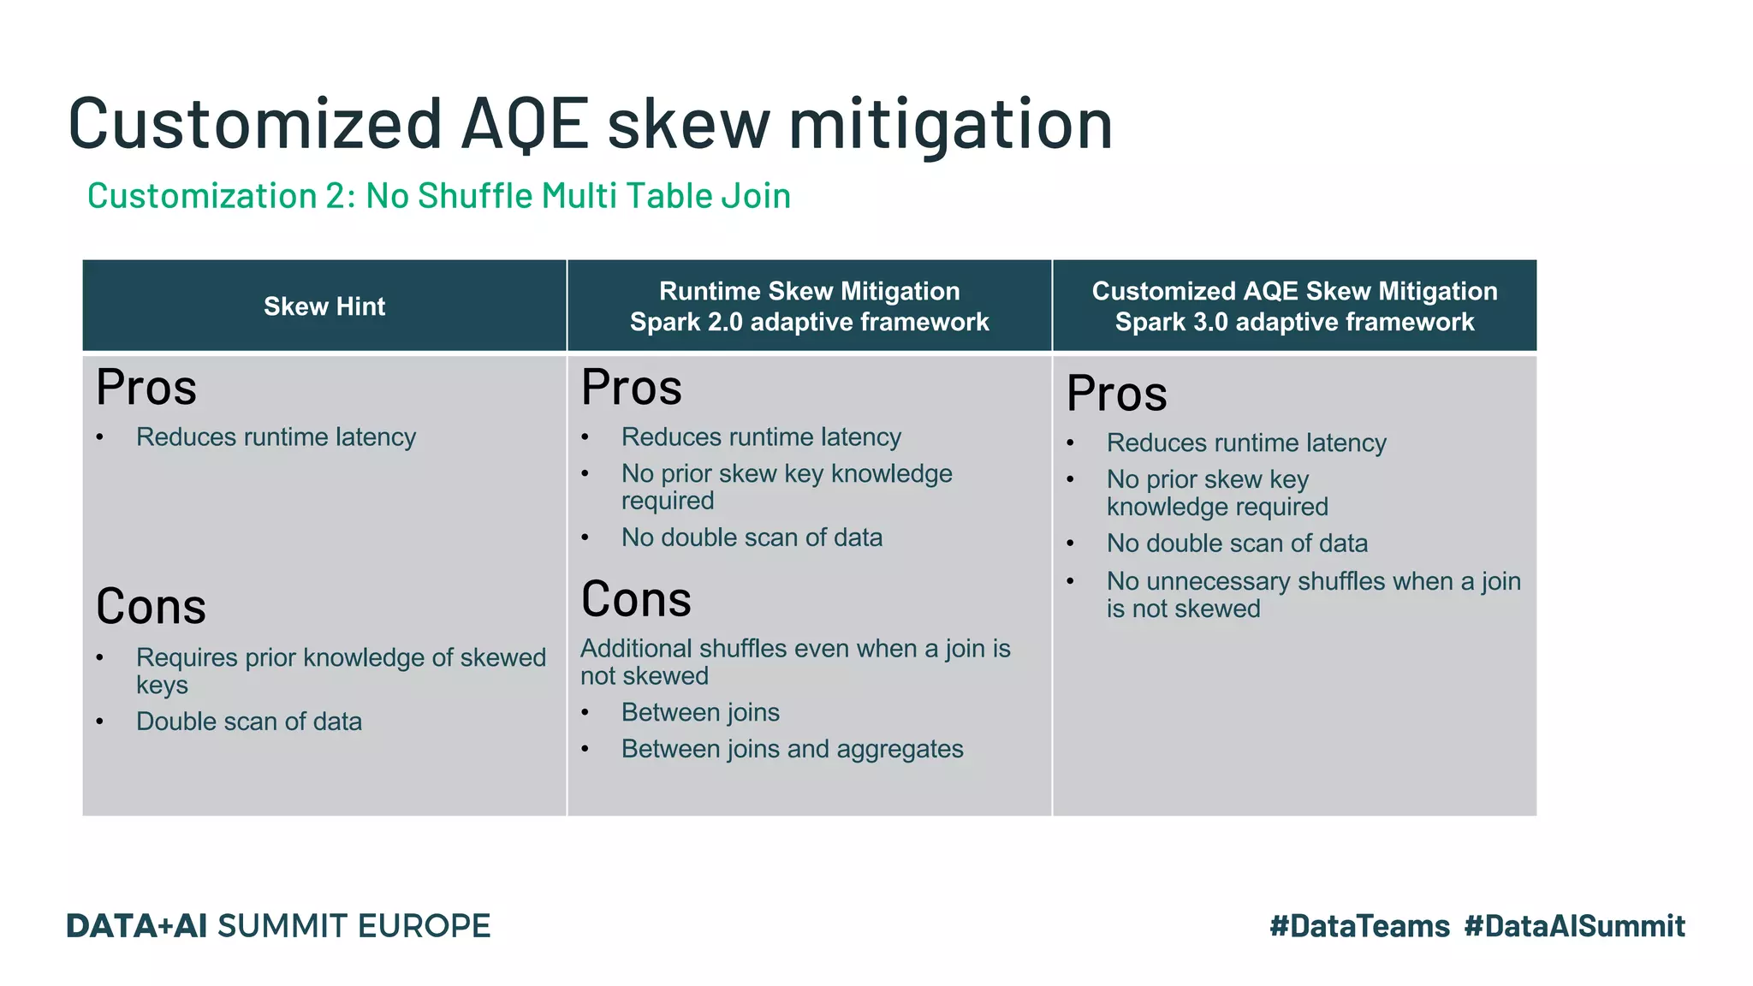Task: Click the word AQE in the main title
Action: coord(525,124)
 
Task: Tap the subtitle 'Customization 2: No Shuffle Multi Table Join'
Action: coord(438,196)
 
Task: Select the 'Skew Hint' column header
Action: coord(324,306)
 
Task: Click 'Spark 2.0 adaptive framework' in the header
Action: coord(809,323)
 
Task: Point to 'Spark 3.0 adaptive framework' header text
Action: coord(1294,323)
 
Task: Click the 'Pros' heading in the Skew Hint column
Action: coord(146,388)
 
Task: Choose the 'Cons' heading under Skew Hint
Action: coord(151,607)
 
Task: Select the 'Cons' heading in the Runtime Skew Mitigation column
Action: coord(636,599)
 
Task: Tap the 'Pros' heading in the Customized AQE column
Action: coord(1116,394)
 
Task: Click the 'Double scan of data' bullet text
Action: coord(249,722)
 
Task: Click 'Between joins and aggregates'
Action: coord(792,749)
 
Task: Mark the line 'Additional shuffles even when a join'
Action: coord(795,649)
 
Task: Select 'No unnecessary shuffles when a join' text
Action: coord(1313,582)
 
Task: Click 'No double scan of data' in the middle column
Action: coord(752,538)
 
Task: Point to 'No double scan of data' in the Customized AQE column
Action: coord(1237,543)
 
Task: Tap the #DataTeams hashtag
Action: coord(1359,926)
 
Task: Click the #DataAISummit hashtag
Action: coord(1574,926)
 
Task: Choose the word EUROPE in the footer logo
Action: coord(424,926)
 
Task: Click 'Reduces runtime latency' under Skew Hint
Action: coord(276,437)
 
